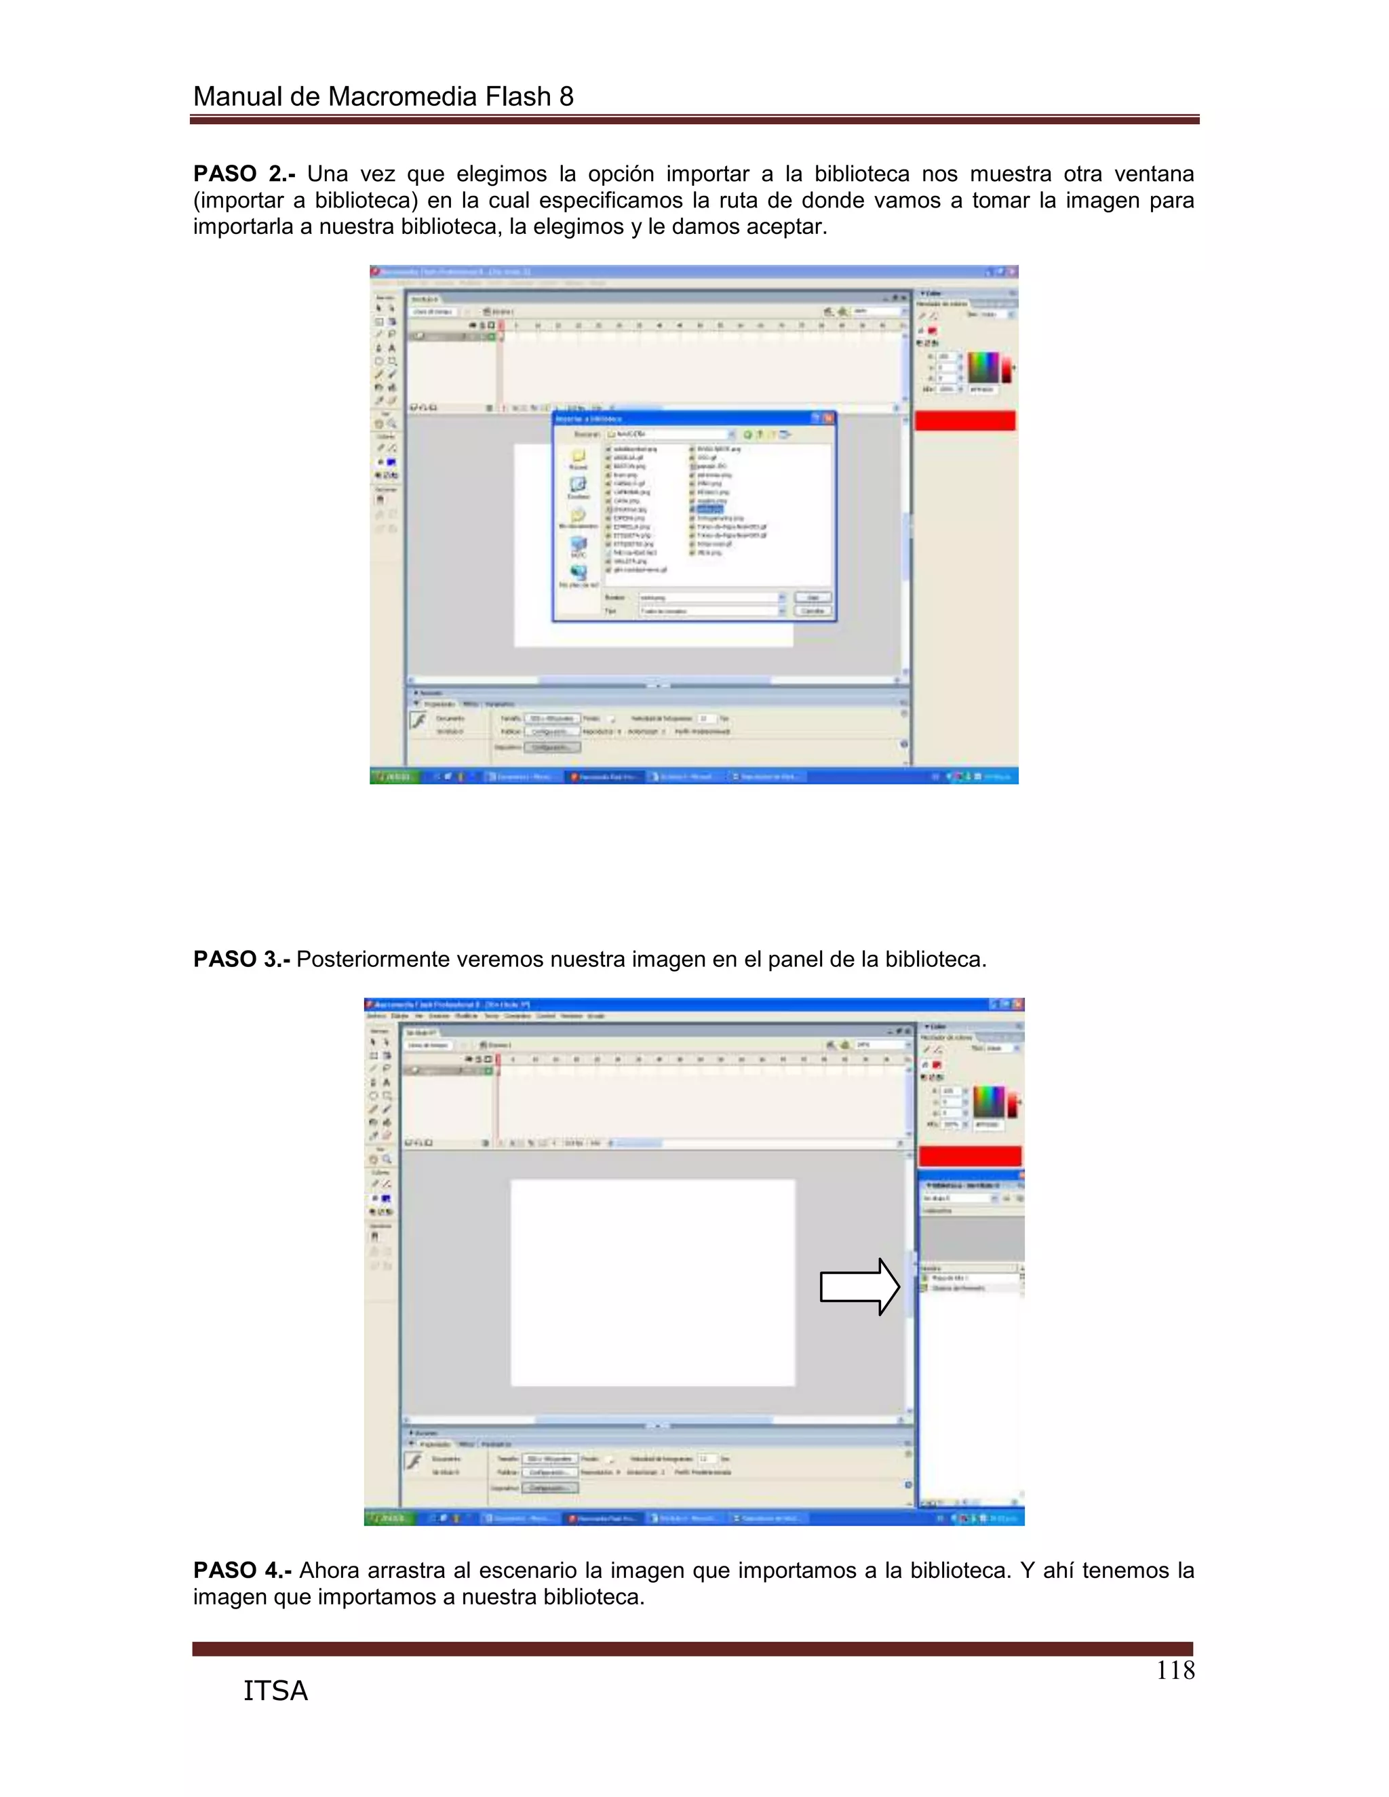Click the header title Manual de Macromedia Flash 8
(383, 97)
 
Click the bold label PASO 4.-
(242, 1570)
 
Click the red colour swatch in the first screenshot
(964, 420)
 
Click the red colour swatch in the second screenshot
(969, 1156)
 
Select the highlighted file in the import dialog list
(709, 509)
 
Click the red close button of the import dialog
(829, 418)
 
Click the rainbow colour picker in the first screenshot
(983, 367)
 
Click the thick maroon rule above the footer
(692, 1648)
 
